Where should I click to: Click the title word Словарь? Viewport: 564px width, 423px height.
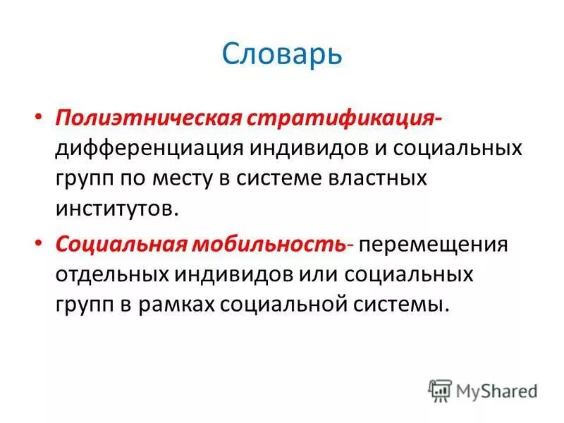(282, 54)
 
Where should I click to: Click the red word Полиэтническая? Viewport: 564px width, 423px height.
(149, 118)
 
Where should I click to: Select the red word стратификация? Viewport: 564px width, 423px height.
(330, 118)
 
